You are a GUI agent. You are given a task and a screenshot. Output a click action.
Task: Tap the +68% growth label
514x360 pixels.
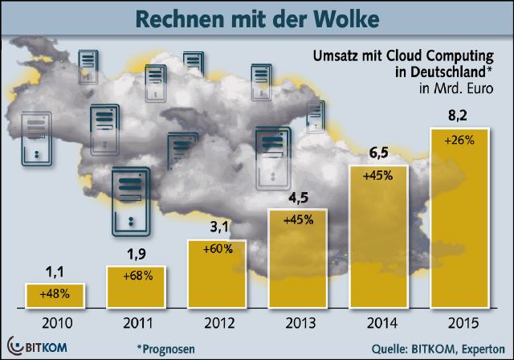[136, 276]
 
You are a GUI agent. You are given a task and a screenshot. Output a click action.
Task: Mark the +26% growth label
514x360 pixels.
[460, 139]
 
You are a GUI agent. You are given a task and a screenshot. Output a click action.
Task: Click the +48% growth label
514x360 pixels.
[55, 293]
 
